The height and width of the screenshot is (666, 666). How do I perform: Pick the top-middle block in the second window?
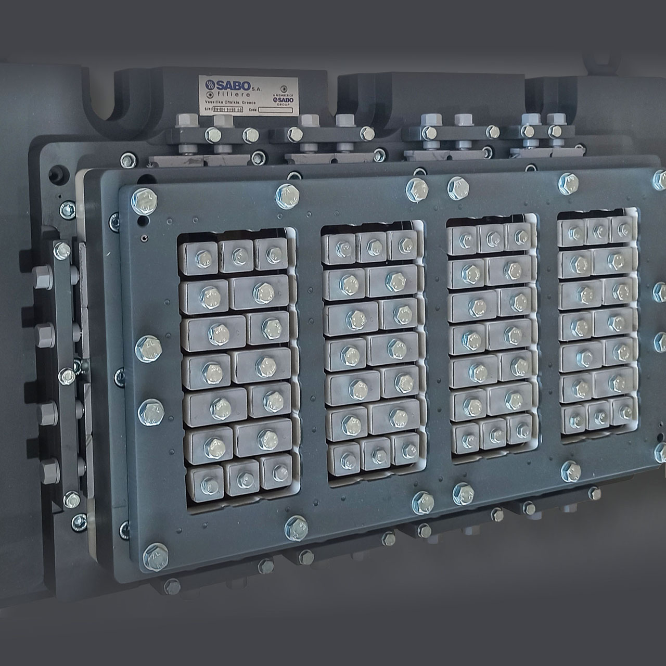pos(372,244)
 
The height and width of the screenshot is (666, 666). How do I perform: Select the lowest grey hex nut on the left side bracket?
pos(50,470)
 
